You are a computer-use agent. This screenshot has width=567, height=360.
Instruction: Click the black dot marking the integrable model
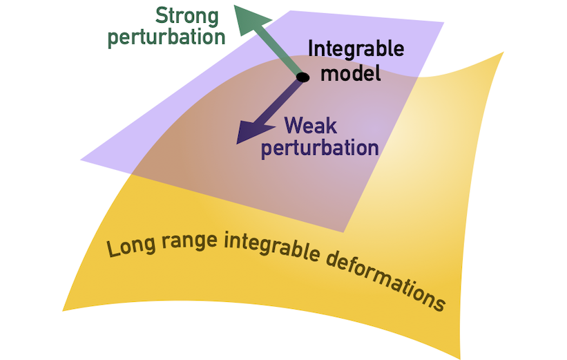pos(302,77)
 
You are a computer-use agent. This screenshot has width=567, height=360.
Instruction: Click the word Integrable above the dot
pos(355,50)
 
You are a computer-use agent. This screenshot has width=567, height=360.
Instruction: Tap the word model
pos(354,71)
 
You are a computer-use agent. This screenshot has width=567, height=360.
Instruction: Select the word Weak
pos(310,126)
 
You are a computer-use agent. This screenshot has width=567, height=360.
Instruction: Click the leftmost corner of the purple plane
pos(81,160)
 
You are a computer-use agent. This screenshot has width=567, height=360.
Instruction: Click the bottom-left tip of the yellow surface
pos(64,309)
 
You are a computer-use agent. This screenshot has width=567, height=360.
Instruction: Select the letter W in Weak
pos(294,126)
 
